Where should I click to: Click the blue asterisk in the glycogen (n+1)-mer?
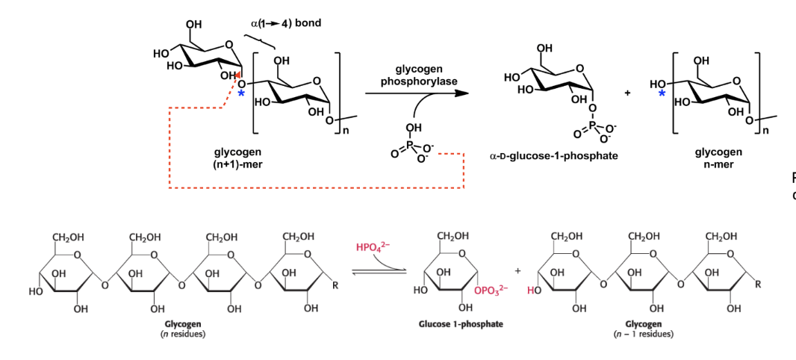(240, 93)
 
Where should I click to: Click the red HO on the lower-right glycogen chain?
(532, 290)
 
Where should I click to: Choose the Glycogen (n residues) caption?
(183, 329)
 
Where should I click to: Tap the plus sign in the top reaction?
(628, 93)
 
